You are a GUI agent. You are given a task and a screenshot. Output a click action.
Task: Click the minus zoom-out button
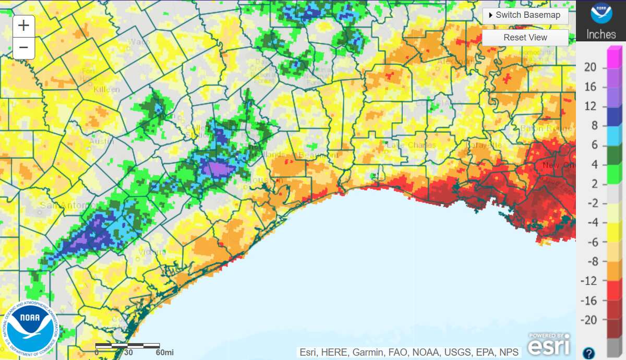click(x=23, y=48)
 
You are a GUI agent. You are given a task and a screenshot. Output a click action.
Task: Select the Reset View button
click(x=525, y=38)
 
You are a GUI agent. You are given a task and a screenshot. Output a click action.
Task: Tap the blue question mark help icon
click(x=588, y=353)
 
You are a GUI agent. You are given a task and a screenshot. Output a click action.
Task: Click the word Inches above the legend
click(x=601, y=34)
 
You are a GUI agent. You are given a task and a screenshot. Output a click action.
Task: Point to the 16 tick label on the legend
click(x=590, y=87)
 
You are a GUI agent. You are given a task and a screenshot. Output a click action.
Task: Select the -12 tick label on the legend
click(x=590, y=281)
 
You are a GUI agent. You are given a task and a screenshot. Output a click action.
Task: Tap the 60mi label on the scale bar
click(x=165, y=353)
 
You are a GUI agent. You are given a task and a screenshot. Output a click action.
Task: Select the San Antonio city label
click(x=61, y=205)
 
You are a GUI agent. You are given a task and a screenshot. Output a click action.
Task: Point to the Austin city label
click(x=102, y=141)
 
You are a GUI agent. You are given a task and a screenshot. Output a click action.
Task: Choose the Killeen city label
click(x=106, y=89)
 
